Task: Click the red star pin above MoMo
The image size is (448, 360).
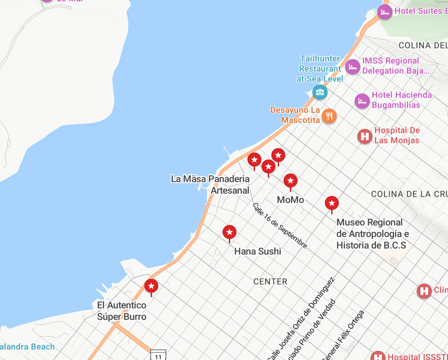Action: click(290, 181)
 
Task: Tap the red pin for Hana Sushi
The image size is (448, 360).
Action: click(229, 232)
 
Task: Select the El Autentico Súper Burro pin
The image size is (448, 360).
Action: click(151, 286)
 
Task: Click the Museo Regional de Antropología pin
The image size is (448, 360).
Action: click(332, 203)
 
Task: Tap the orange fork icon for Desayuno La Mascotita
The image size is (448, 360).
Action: click(329, 116)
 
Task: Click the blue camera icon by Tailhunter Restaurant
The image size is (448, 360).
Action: click(320, 92)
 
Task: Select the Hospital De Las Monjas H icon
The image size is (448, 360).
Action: click(365, 136)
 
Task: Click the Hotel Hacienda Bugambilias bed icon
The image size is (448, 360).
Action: click(362, 101)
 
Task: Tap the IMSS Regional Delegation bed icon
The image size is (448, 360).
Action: click(353, 66)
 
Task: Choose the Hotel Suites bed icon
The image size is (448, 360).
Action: click(385, 12)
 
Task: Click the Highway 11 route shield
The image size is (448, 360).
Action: click(158, 355)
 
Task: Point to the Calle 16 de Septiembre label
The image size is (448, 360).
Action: click(280, 225)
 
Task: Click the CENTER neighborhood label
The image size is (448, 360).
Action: click(271, 282)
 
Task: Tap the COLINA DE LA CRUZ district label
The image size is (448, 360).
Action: click(409, 194)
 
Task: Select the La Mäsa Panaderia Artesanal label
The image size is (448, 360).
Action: click(210, 184)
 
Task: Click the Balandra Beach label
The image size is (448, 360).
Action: click(27, 347)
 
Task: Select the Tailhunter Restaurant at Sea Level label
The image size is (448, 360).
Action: click(320, 68)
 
